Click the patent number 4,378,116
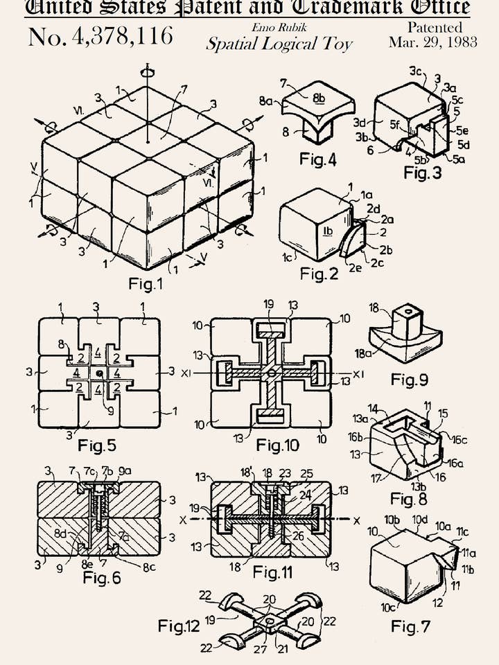[100, 36]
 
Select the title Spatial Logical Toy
[279, 44]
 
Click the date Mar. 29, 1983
[432, 42]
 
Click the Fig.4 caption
[318, 160]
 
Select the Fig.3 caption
[422, 172]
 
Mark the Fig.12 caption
[179, 626]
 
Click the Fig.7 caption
[410, 627]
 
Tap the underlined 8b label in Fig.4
[319, 98]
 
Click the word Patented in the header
[435, 28]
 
